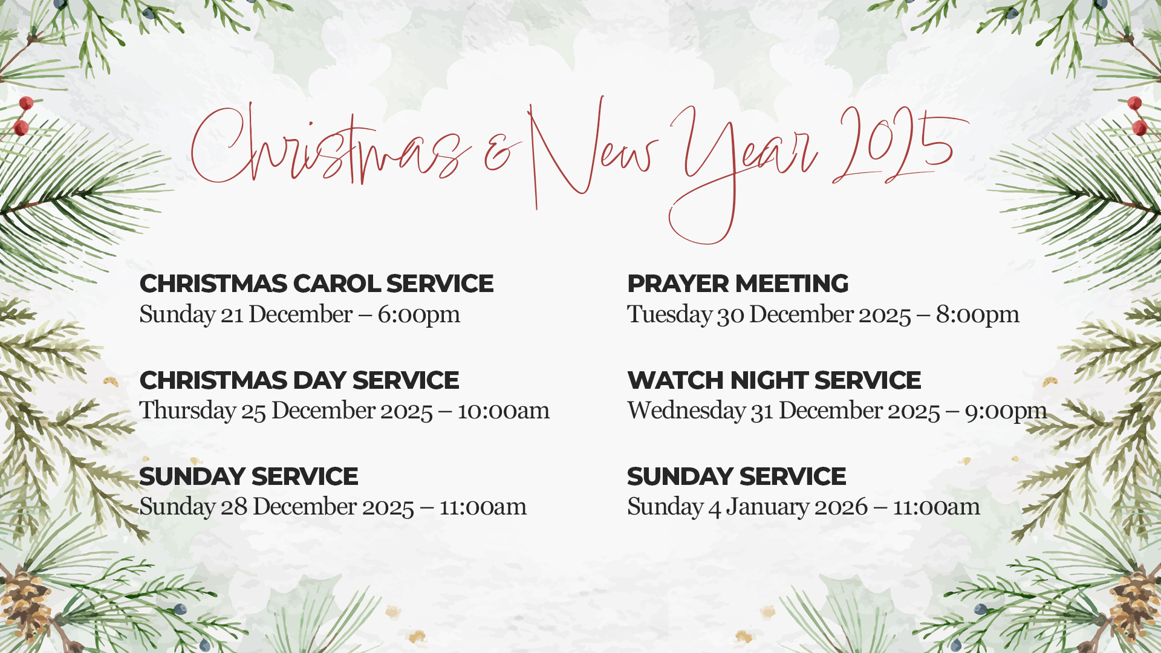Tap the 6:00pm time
(x=419, y=314)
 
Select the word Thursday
(x=187, y=411)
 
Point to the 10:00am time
(x=503, y=411)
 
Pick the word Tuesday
(x=669, y=314)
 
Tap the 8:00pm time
(x=978, y=314)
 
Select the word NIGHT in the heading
(x=769, y=380)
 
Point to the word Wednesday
(x=686, y=411)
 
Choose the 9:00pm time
(x=1006, y=411)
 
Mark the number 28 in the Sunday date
(x=234, y=507)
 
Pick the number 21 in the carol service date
(x=231, y=314)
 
